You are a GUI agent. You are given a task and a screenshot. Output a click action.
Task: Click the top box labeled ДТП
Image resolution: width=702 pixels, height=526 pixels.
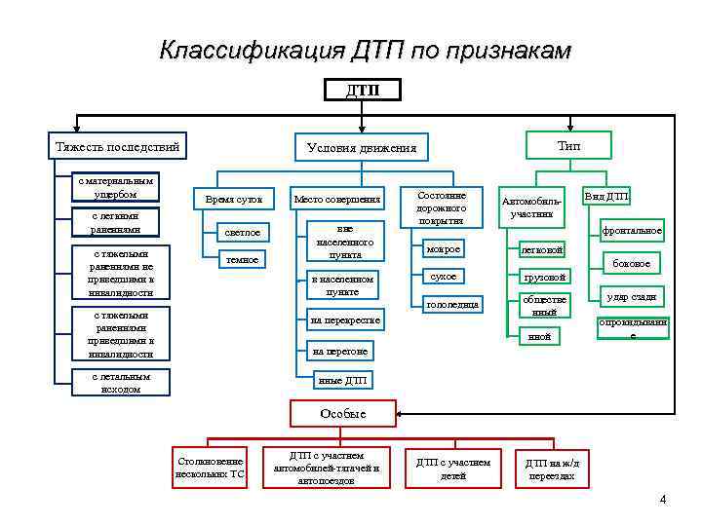[x=362, y=90]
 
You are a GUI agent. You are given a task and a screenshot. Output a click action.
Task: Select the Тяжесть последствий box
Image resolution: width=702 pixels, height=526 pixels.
[x=118, y=146]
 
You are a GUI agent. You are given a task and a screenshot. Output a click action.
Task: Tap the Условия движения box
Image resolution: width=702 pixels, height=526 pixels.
[x=361, y=147]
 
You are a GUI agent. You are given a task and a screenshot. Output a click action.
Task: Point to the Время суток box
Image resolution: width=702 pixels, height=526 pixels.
[x=234, y=199]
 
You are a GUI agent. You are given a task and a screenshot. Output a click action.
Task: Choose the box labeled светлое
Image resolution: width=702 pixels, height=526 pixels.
[x=242, y=233]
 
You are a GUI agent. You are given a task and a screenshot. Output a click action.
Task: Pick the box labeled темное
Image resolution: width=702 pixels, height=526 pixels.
[x=242, y=259]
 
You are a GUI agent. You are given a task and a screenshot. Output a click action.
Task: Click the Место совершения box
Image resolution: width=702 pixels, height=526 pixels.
[x=336, y=199]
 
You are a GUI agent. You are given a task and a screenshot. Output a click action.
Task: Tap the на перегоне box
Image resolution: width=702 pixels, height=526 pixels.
[x=340, y=350]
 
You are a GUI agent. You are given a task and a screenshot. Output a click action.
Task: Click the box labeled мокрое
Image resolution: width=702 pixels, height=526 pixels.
[x=444, y=249]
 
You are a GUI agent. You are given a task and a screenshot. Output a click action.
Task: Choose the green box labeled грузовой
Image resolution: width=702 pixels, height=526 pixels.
[x=544, y=277]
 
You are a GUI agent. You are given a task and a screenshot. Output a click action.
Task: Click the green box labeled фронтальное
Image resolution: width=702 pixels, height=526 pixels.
[x=632, y=231]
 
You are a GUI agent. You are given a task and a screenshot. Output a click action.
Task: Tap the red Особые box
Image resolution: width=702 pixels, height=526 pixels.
[x=344, y=413]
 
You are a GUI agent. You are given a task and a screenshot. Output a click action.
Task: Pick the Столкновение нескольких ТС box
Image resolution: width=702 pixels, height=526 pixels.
[x=209, y=468]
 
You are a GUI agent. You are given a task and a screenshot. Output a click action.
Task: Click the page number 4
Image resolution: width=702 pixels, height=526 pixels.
[x=662, y=500]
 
